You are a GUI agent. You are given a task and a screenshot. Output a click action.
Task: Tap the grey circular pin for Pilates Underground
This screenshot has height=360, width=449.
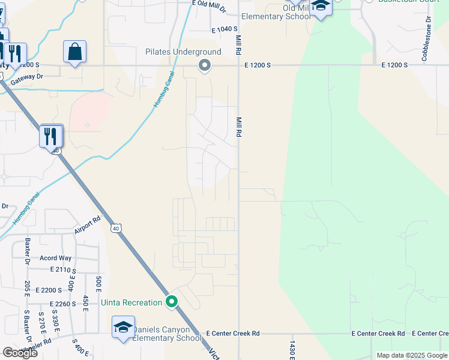point(205,65)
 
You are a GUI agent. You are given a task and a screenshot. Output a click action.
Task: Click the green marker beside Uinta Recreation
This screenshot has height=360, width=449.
point(172,302)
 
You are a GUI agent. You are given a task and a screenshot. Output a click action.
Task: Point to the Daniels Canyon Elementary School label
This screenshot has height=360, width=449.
point(167,334)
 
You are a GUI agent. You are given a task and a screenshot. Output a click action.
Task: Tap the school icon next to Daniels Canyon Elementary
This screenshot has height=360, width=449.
point(123,328)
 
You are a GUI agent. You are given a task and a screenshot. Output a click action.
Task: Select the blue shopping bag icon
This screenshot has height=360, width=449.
point(75,52)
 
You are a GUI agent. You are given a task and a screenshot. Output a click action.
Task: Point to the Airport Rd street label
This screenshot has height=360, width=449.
point(88,226)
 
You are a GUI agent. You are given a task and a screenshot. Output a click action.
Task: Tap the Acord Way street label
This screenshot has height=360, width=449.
point(55,258)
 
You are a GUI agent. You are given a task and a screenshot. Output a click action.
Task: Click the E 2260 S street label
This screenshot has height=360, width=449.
point(63,304)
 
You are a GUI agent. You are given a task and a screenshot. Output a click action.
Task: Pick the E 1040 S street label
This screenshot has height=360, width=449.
point(225,29)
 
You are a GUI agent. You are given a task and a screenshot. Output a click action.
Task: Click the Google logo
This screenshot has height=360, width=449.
point(20,353)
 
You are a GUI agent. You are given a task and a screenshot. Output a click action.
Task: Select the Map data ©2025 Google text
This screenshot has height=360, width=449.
point(411,355)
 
